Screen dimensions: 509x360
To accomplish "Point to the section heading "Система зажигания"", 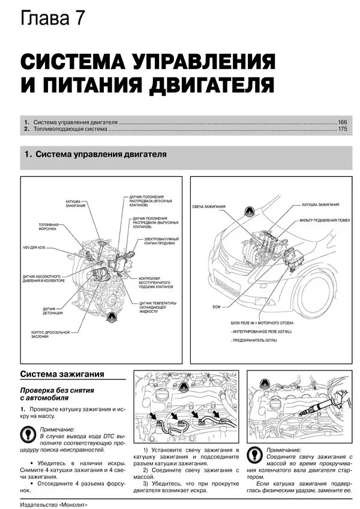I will point(62,374).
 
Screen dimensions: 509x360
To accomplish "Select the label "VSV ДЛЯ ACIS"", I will point(34,247).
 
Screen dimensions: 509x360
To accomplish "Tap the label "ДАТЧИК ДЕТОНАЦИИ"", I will point(53,311).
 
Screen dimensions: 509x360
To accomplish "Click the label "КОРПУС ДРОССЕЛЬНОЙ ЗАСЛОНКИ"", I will point(50,334).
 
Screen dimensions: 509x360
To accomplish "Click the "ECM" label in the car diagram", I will point(217,307).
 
